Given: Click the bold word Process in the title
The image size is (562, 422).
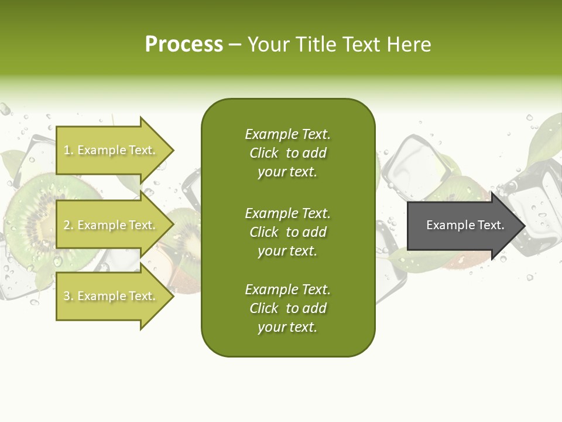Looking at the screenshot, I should click(184, 45).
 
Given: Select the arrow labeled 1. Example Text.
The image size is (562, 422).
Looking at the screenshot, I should click(111, 150).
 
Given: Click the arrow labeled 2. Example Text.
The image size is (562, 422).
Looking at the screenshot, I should click(111, 225).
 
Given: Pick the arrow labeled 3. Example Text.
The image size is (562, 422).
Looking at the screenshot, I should click(111, 296).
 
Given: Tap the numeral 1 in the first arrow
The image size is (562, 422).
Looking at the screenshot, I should click(66, 150).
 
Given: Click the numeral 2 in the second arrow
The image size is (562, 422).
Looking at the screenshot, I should click(67, 225).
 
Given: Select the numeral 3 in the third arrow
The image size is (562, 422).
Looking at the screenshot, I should click(67, 296).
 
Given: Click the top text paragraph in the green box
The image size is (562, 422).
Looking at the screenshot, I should click(287, 153).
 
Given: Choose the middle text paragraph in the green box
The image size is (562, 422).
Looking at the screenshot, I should click(287, 232).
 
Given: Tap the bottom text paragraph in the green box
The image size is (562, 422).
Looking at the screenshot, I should click(287, 308).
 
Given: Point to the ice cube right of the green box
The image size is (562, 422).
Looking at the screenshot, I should click(413, 161).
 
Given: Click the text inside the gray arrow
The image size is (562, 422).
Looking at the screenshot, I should click(465, 225).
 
